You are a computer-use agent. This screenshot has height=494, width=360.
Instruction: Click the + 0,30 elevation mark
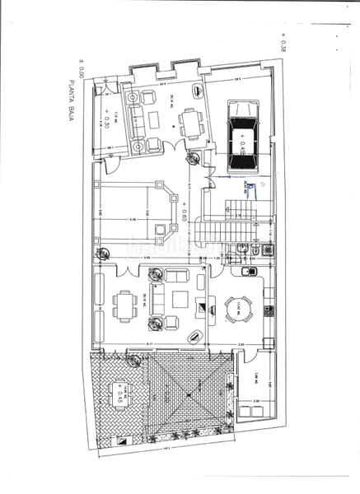tap(105, 120)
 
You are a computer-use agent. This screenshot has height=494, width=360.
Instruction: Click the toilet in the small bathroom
tap(257, 249)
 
